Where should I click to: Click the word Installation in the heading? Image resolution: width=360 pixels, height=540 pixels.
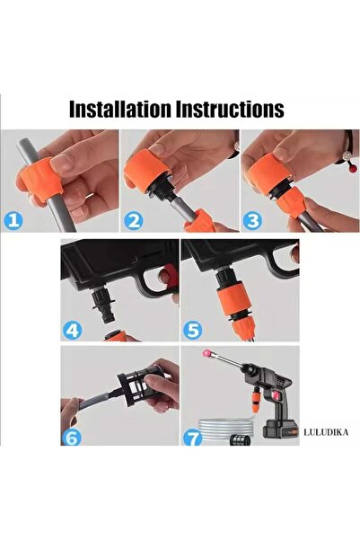pos(120,109)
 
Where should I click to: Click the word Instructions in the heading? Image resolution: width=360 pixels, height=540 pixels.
pos(230,109)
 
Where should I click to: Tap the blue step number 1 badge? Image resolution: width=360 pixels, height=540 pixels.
pos(13,220)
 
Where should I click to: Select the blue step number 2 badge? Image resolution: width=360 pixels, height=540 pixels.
pos(133,220)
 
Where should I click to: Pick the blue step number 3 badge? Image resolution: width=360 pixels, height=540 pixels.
pos(252,220)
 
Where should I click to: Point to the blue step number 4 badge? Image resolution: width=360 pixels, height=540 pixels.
pos(73,330)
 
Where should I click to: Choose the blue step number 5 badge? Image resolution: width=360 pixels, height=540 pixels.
pos(192,330)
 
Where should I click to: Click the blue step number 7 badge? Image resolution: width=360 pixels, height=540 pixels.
pos(192,437)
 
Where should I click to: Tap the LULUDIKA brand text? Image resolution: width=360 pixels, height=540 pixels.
pos(326,432)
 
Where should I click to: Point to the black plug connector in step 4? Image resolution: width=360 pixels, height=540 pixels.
pos(103,304)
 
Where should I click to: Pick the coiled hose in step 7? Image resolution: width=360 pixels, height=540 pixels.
pos(226,429)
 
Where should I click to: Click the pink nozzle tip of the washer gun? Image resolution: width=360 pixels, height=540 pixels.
pos(206,354)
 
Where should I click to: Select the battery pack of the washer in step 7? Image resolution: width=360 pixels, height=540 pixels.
pos(280,429)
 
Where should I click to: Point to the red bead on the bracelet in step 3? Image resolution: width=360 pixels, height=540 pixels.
pos(353,169)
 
